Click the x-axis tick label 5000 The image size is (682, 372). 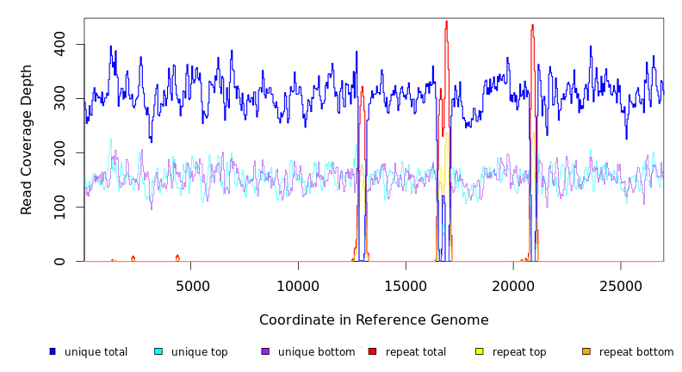coord(191,285)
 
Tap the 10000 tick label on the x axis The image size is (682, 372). coord(298,285)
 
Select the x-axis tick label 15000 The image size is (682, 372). coord(406,285)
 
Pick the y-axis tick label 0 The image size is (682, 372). coord(60,262)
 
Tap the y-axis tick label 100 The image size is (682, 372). coord(60,208)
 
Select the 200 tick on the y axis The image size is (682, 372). coord(60,153)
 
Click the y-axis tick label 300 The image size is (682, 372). coord(60,99)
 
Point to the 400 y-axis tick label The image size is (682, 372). coord(60,45)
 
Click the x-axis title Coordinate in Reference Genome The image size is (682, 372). coord(374,320)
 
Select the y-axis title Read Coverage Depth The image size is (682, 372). coord(27,139)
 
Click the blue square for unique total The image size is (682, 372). coord(53,351)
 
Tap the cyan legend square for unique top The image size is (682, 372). coord(158,351)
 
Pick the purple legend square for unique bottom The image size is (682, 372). coord(265,351)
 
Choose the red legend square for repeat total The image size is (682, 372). coord(372,351)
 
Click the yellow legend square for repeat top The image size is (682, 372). coord(479,351)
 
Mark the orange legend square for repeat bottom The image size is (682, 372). coord(586,351)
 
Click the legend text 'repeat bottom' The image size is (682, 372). coord(636,352)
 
